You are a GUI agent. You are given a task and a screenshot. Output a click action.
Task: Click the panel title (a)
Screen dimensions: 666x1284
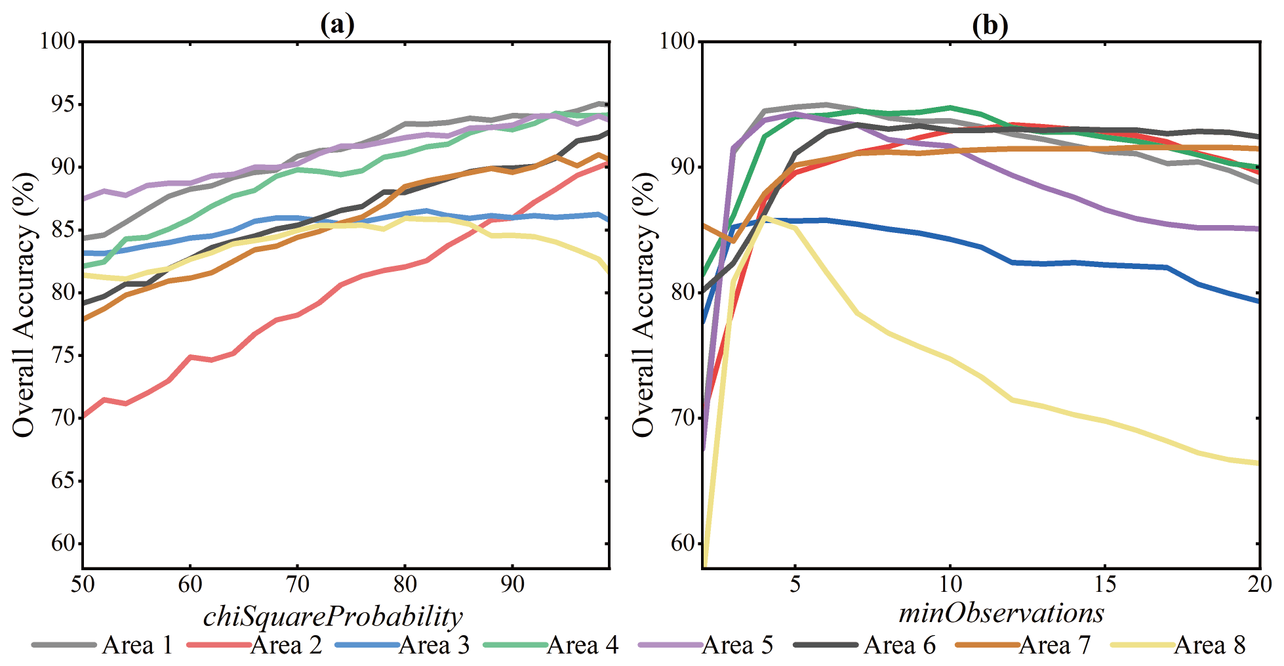[x=338, y=25]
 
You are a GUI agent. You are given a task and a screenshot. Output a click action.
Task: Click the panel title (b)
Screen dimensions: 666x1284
[x=990, y=25]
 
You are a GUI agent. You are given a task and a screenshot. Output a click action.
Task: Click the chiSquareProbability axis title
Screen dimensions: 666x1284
[x=333, y=617]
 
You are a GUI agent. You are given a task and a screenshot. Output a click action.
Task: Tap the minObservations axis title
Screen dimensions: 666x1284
[x=1001, y=613]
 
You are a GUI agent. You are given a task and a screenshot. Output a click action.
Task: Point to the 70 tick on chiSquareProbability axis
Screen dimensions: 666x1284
[x=297, y=584]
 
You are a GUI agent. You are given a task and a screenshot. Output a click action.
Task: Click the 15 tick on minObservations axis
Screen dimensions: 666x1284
[x=1105, y=584]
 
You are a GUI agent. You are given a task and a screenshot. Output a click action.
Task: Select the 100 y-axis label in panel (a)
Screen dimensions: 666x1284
[x=58, y=41]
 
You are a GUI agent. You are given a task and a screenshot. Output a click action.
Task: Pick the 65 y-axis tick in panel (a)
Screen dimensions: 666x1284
[x=63, y=481]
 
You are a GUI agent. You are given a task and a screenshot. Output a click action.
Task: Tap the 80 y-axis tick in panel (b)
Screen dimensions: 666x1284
[x=682, y=293]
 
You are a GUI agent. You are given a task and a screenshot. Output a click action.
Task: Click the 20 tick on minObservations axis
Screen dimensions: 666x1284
[x=1260, y=584]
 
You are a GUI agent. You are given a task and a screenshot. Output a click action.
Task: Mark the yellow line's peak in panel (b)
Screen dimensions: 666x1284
[x=765, y=217]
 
